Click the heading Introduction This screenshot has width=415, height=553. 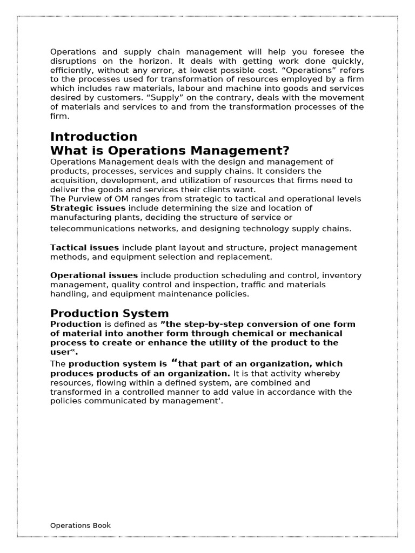[93, 137]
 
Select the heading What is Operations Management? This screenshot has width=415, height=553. [170, 151]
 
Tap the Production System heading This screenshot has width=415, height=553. [109, 314]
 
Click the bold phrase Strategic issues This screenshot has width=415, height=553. [88, 208]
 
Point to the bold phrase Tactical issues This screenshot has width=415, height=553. [84, 248]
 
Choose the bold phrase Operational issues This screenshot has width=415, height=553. [93, 275]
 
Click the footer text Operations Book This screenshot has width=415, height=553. [81, 525]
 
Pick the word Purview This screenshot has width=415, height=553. [84, 199]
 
